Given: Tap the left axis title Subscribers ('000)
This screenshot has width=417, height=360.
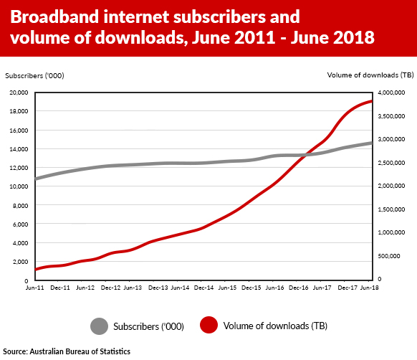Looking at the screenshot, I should [x=29, y=75].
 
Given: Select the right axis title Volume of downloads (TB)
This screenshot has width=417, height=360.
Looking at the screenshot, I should [x=370, y=75].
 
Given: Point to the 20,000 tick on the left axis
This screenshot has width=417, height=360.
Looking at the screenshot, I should [x=17, y=93].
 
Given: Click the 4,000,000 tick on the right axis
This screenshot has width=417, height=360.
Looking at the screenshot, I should [x=393, y=93].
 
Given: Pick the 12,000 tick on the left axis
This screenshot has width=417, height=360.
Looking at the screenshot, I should [x=17, y=168].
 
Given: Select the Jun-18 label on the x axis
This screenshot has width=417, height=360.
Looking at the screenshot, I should [x=369, y=288].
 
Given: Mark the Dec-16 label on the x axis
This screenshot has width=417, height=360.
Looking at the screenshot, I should [x=299, y=288].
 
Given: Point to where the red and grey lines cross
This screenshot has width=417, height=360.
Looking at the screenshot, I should [x=307, y=155].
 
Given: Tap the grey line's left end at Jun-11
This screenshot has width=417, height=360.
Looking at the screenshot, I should [x=36, y=179].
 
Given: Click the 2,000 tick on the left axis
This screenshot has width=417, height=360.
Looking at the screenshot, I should [x=19, y=262].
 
